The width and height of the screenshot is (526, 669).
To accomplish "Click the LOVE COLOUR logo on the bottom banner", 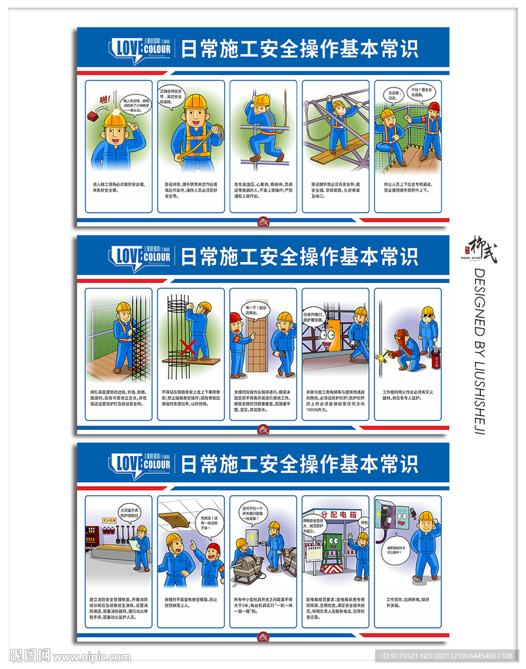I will click(140, 465).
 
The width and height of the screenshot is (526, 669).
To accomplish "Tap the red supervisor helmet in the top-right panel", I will click(433, 106).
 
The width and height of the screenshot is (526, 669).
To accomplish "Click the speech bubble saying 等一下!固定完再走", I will click(254, 308).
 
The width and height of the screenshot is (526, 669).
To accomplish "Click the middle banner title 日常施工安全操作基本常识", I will click(299, 257).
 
